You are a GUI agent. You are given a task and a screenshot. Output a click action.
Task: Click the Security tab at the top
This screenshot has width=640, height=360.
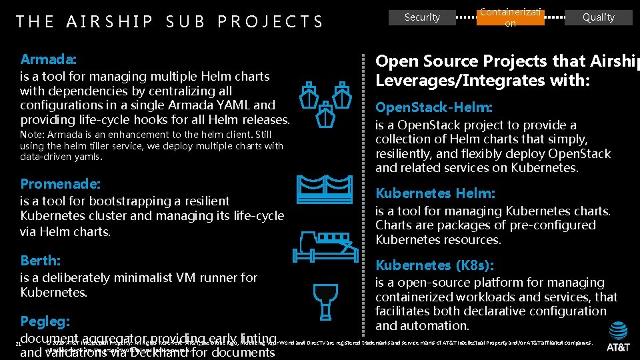tap(422, 17)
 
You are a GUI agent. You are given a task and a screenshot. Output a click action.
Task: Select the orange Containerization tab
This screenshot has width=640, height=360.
tap(510, 17)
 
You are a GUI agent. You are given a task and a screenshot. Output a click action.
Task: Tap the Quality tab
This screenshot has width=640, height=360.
tap(598, 17)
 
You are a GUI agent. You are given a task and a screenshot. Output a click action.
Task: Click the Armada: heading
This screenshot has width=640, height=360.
tap(48, 59)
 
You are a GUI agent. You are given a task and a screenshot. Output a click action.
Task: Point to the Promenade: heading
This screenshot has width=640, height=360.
tap(61, 183)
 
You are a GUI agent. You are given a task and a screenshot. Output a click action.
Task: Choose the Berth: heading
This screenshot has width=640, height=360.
tap(40, 260)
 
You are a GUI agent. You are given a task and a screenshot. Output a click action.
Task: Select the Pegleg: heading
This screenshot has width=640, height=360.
tap(45, 321)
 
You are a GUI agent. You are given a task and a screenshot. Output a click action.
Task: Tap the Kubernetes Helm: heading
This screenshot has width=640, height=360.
tap(435, 193)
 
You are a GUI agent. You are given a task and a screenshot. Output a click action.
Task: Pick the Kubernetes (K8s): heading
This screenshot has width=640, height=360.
tap(434, 265)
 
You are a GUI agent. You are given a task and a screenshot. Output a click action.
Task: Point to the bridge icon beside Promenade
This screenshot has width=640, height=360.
tap(324, 189)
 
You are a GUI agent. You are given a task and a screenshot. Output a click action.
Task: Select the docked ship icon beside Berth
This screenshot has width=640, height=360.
tap(324, 247)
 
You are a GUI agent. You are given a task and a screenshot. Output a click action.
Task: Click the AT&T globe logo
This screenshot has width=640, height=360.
tap(618, 329)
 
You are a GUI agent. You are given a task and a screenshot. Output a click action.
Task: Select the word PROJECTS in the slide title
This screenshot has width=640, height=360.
tap(270, 22)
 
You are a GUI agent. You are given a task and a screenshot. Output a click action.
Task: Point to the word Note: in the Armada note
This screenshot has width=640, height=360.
tap(35, 135)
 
